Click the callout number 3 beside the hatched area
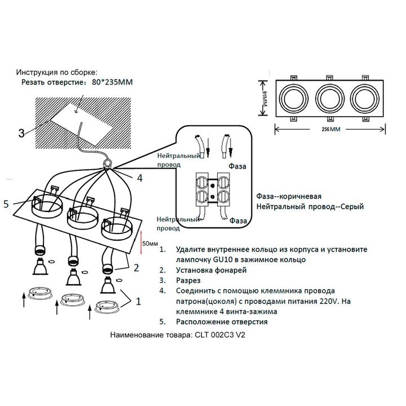pyautogui.click(x=21, y=134)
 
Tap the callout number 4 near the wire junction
pyautogui.click(x=140, y=178)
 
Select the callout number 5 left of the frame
pyautogui.click(x=6, y=204)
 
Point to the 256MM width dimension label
pyautogui.click(x=321, y=129)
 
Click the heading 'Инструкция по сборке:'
pyautogui.click(x=56, y=73)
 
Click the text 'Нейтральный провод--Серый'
pyautogui.click(x=310, y=207)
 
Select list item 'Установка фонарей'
pyautogui.click(x=211, y=270)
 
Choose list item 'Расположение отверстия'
pyautogui.click(x=222, y=322)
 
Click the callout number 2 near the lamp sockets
pyautogui.click(x=135, y=268)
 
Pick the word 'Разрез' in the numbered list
pyautogui.click(x=189, y=280)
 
